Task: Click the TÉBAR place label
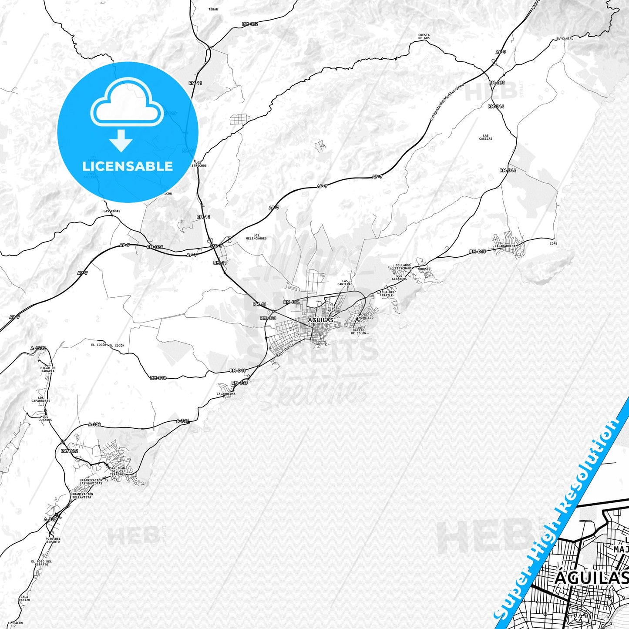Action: [213, 9]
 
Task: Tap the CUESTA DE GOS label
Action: [424, 37]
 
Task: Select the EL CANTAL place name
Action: [565, 38]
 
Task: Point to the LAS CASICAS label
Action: [486, 137]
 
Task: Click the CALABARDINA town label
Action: [505, 246]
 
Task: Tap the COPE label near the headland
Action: [553, 243]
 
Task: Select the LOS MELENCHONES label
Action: [256, 237]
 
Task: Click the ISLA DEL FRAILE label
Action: [387, 294]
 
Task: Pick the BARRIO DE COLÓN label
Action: [359, 332]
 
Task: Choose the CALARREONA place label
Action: [226, 394]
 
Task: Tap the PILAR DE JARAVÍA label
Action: [47, 370]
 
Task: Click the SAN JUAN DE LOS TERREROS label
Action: [118, 471]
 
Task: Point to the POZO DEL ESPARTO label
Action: [53, 540]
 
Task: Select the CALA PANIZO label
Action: [24, 598]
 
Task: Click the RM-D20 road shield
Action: [497, 83]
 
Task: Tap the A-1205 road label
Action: [38, 348]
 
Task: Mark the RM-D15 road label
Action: [478, 252]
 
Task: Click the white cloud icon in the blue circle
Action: [127, 104]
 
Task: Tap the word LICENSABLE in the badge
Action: [128, 166]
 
